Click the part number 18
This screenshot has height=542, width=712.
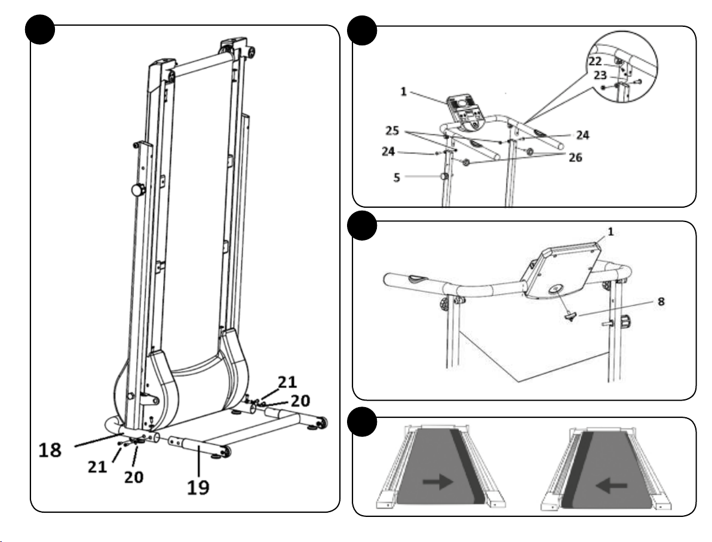click(x=50, y=449)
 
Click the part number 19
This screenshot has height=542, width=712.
click(x=199, y=486)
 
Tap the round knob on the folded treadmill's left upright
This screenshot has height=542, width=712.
click(x=137, y=191)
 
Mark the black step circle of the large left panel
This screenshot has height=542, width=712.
click(x=39, y=32)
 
